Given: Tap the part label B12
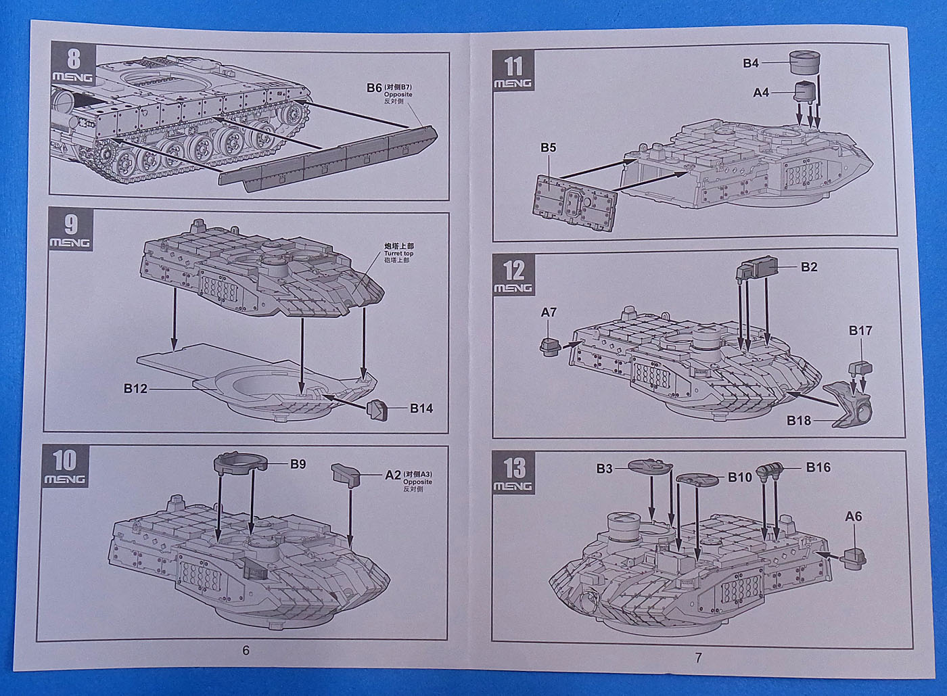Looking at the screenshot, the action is (x=136, y=389).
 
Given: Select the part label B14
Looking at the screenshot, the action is (x=421, y=408).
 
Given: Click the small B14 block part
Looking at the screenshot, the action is (x=377, y=409).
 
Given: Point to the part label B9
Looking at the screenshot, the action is (x=298, y=464).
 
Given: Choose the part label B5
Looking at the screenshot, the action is (x=549, y=147).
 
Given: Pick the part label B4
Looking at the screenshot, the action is (x=751, y=64).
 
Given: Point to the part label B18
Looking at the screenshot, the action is (x=798, y=421).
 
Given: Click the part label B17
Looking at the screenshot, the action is (x=860, y=331).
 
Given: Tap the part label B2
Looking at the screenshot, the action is (x=809, y=267).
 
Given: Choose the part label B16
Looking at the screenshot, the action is (x=818, y=467).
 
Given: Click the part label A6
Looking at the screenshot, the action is (x=854, y=516).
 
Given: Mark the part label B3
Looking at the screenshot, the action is (x=605, y=467).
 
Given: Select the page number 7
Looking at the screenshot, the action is (x=699, y=657).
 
